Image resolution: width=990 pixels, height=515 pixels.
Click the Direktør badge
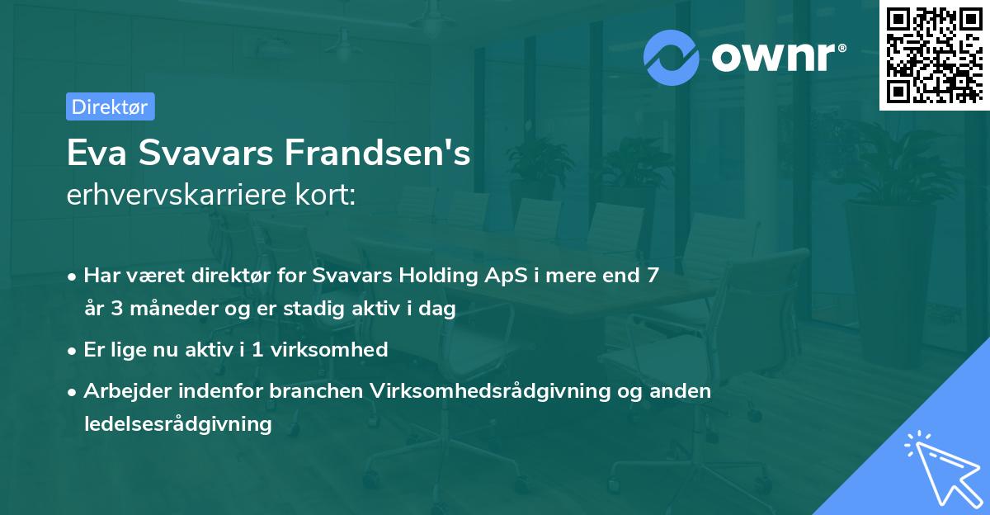coord(110,106)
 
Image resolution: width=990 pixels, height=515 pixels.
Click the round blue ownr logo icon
coord(672,57)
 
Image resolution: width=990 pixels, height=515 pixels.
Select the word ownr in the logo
coord(775,58)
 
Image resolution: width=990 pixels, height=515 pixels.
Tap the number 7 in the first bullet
coord(653,276)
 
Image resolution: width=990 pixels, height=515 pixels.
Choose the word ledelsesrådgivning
coord(177,424)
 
